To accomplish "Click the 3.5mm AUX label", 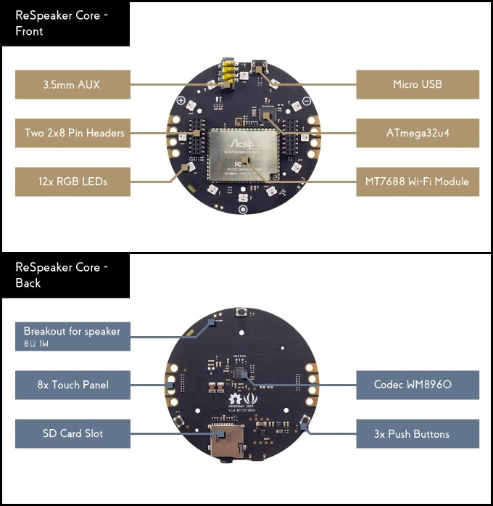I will coord(72,84).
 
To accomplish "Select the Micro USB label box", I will coord(417,84).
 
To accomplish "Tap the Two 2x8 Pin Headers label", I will coord(72,133).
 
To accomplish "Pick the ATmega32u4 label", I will coord(417,133).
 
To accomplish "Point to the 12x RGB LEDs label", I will coord(72,181).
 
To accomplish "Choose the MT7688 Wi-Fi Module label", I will coord(417,181).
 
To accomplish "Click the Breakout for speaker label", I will coord(72,336).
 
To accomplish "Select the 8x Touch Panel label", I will coord(72,385).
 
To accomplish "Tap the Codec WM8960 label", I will coord(417,385).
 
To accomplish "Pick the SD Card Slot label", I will coord(72,433).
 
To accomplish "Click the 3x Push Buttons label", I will coord(417,433).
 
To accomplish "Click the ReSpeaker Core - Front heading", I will coord(65,24).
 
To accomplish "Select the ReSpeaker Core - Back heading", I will coord(65,275).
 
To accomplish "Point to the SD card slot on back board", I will coord(226,441).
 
